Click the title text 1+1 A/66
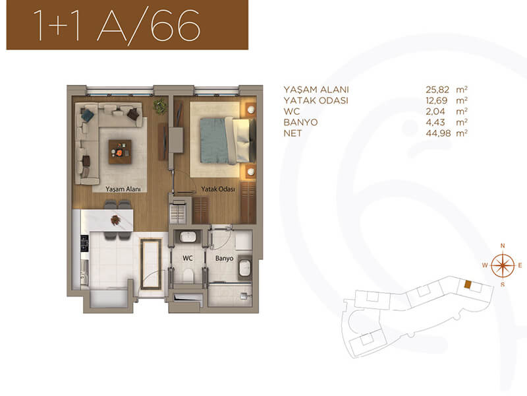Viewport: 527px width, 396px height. point(117,25)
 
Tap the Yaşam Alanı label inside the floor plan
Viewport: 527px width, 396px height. point(123,189)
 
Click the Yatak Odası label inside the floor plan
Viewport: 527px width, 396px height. point(218,189)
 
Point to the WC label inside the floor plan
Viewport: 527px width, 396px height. point(188,258)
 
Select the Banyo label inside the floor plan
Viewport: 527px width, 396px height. point(224,259)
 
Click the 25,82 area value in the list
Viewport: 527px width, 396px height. point(437,90)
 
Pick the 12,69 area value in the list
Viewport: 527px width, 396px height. point(437,100)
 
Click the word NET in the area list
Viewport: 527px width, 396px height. point(292,133)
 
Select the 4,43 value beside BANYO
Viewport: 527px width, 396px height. point(435,122)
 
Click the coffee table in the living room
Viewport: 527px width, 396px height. point(120,152)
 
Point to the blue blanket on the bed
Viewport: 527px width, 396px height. point(213,140)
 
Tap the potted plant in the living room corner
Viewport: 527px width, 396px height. point(160,106)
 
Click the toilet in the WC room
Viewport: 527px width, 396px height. point(188,276)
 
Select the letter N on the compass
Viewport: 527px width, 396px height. point(503,246)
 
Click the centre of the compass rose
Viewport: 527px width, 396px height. point(503,265)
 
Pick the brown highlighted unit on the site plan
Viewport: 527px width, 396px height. point(468,284)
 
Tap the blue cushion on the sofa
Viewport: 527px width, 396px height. point(88,115)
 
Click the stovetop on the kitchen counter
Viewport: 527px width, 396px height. point(84,244)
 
